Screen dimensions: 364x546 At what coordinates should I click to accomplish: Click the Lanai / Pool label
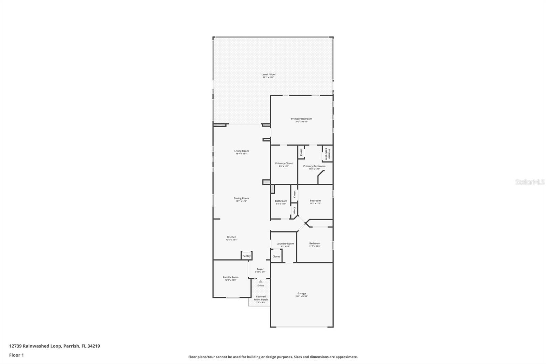(268, 74)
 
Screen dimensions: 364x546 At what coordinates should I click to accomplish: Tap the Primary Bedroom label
(301, 119)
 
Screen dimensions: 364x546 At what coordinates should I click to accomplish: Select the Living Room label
(241, 151)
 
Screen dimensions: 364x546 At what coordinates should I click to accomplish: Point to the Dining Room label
(241, 198)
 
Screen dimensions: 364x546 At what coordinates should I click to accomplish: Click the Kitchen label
(231, 237)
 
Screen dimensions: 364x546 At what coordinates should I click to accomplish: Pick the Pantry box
(246, 256)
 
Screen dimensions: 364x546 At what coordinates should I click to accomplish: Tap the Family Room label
(231, 277)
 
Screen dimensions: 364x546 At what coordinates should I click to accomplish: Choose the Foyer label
(260, 269)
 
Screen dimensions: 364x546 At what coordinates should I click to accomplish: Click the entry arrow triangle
(261, 281)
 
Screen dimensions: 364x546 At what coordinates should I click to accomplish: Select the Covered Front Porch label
(261, 298)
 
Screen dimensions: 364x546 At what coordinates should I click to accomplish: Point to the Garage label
(301, 293)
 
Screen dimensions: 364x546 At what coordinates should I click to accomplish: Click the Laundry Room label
(285, 244)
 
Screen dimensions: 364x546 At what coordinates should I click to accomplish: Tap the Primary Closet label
(284, 164)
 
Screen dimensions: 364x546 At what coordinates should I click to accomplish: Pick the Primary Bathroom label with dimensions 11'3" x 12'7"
(314, 166)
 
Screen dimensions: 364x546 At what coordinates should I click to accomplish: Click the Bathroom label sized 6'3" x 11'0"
(281, 201)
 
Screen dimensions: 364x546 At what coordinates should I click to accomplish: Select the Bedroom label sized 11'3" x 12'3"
(315, 201)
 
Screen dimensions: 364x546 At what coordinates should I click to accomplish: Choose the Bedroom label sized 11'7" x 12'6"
(315, 243)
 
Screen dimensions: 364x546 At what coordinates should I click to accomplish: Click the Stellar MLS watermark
(530, 182)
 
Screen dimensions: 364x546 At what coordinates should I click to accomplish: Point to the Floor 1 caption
(16, 355)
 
